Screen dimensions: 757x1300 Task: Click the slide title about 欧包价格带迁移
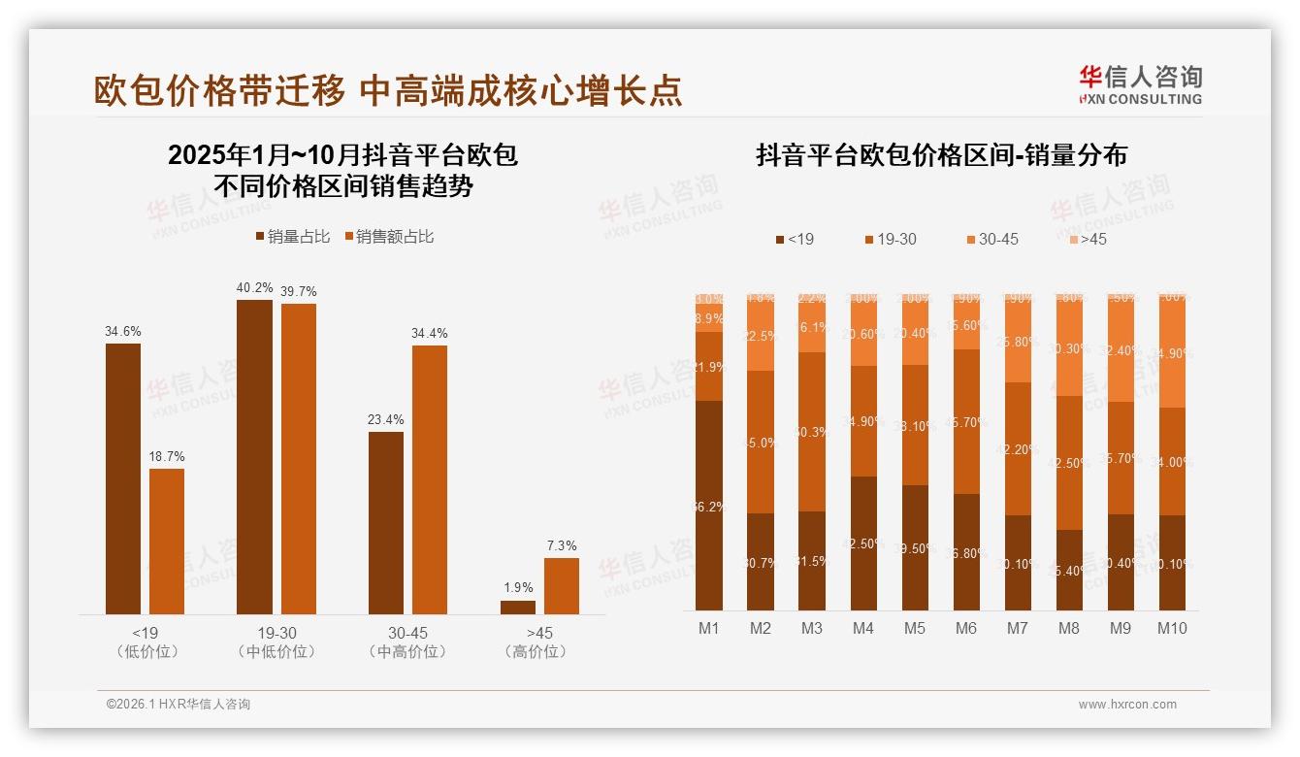tap(388, 90)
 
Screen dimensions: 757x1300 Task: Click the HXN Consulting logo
tap(1140, 85)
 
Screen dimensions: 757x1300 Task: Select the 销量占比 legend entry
tap(293, 237)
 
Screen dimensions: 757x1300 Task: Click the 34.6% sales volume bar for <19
tap(123, 478)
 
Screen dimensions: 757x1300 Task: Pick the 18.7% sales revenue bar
tap(167, 542)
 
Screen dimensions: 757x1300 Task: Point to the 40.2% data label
tap(255, 287)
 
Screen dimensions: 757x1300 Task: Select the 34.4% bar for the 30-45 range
tap(430, 479)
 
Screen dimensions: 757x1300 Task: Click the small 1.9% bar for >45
tap(518, 607)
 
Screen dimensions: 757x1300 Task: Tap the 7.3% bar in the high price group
tap(562, 585)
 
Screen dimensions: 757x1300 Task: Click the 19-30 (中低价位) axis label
tap(276, 642)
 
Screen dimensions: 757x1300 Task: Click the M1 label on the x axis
tap(709, 628)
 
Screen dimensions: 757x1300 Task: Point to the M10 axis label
tap(1172, 628)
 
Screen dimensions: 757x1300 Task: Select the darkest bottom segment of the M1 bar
tap(709, 505)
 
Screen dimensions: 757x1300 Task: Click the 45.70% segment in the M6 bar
tap(966, 421)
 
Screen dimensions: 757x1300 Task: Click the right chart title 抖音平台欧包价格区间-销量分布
tap(941, 155)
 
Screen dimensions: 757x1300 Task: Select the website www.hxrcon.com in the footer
tap(1126, 705)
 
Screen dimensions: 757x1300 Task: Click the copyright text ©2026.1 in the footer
tap(179, 705)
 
